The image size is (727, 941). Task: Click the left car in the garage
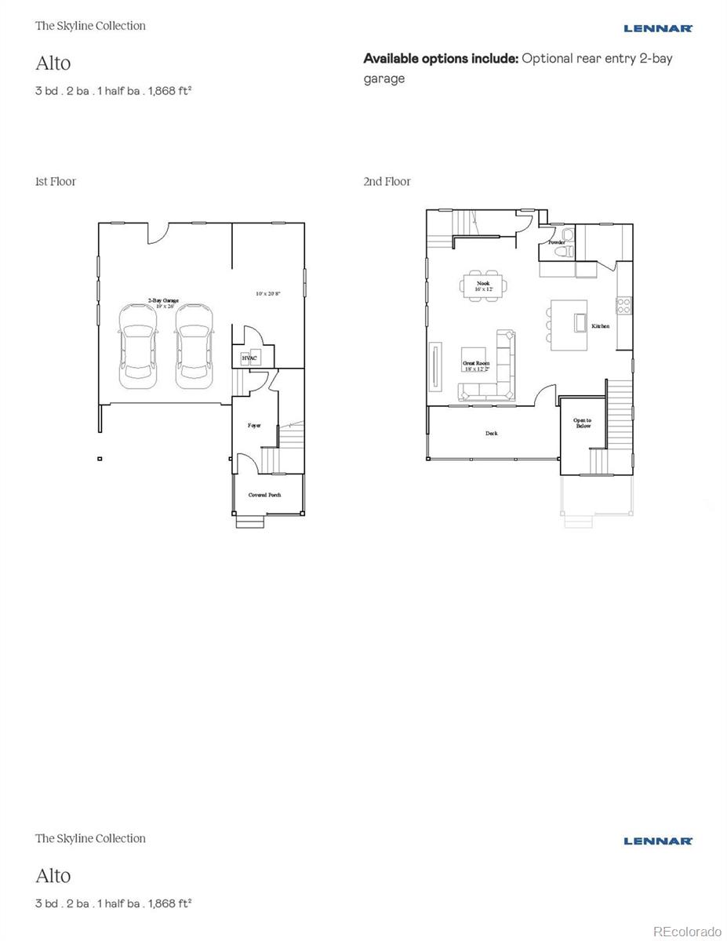(x=136, y=345)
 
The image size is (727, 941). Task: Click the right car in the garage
(x=193, y=345)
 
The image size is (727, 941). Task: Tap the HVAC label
(x=248, y=358)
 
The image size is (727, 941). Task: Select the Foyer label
(x=254, y=425)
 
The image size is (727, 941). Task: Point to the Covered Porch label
(x=264, y=495)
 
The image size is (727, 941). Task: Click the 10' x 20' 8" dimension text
(x=268, y=293)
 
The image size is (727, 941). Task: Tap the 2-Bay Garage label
(x=164, y=301)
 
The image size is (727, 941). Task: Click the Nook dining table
(x=483, y=285)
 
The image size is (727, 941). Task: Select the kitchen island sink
(x=580, y=323)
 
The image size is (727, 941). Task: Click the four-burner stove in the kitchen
(x=624, y=305)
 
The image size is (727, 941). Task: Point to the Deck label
(x=491, y=434)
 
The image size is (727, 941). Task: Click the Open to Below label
(x=582, y=423)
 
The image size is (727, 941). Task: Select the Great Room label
(x=476, y=365)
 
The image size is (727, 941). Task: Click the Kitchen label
(x=600, y=325)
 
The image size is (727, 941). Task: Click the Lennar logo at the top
(x=658, y=28)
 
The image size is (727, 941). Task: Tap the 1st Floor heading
(x=56, y=181)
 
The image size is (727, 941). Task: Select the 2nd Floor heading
(x=387, y=181)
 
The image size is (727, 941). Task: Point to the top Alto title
(x=53, y=63)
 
